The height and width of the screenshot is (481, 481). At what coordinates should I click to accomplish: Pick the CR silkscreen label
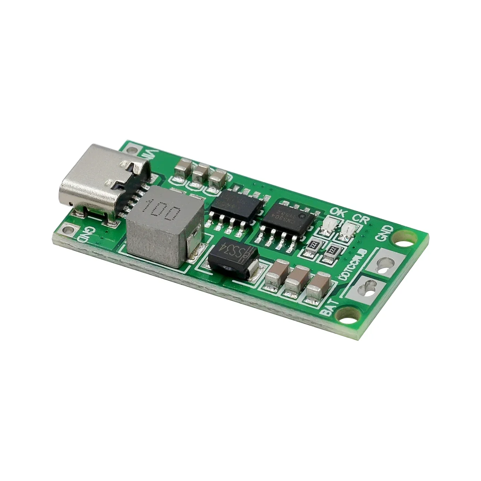click(x=361, y=219)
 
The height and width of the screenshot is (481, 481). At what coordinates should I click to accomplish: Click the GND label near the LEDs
click(x=385, y=233)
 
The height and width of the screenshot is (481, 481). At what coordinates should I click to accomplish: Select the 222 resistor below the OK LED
click(x=312, y=245)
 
